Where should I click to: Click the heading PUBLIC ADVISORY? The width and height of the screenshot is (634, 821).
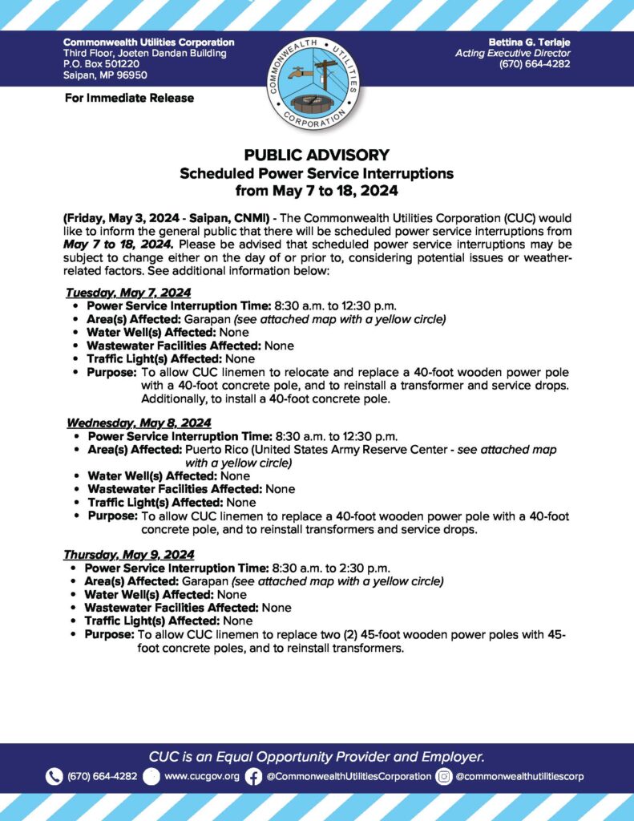[317, 156]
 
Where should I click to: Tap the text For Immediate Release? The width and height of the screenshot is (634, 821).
[128, 98]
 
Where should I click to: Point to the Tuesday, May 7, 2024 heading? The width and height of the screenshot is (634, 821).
[128, 293]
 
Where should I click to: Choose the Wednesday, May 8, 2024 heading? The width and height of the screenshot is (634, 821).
[139, 423]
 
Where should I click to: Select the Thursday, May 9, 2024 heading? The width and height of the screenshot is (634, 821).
[128, 554]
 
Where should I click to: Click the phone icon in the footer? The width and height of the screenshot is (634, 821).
[55, 776]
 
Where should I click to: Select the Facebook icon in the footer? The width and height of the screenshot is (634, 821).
[253, 776]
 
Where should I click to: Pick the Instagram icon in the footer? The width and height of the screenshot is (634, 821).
[444, 776]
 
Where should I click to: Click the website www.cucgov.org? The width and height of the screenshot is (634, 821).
[201, 776]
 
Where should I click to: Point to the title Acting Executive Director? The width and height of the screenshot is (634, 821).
[513, 53]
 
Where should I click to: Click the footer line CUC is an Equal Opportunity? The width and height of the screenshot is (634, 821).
[317, 756]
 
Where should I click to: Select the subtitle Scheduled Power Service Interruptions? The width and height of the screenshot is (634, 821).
[317, 173]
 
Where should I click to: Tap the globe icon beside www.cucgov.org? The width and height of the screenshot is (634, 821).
[151, 776]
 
